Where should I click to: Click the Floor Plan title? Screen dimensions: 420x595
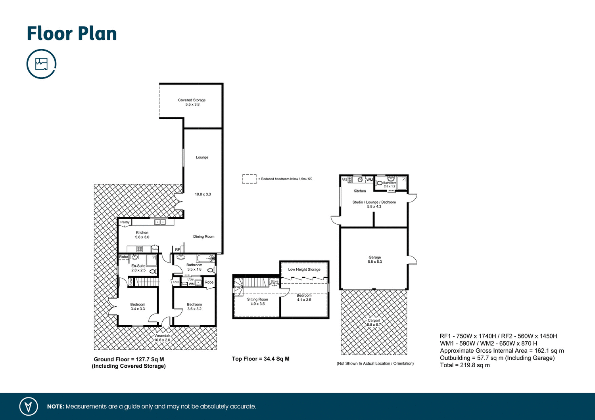[72, 34]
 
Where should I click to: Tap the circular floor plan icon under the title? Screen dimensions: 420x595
[41, 64]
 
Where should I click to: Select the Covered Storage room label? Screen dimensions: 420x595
[192, 100]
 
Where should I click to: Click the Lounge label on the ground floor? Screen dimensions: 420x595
[202, 157]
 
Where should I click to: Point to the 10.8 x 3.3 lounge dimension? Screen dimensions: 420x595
[203, 195]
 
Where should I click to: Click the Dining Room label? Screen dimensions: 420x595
[203, 237]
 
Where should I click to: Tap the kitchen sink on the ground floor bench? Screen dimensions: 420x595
[160, 222]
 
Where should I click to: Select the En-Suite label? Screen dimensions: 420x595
[138, 266]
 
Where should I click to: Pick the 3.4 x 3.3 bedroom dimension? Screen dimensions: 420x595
[138, 309]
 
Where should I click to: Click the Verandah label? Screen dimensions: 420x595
[162, 336]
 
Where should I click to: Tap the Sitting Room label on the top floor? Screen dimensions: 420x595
[257, 300]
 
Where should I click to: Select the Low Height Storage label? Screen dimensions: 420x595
[304, 269]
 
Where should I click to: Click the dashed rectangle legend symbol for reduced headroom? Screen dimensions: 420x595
[250, 179]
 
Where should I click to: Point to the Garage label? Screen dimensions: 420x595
[374, 257]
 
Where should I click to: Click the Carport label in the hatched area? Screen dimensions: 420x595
[374, 321]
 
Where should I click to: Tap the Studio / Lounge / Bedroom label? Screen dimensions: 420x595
[374, 202]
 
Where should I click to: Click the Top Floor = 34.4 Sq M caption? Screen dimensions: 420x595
[261, 359]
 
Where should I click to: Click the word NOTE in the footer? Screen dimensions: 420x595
[56, 407]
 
